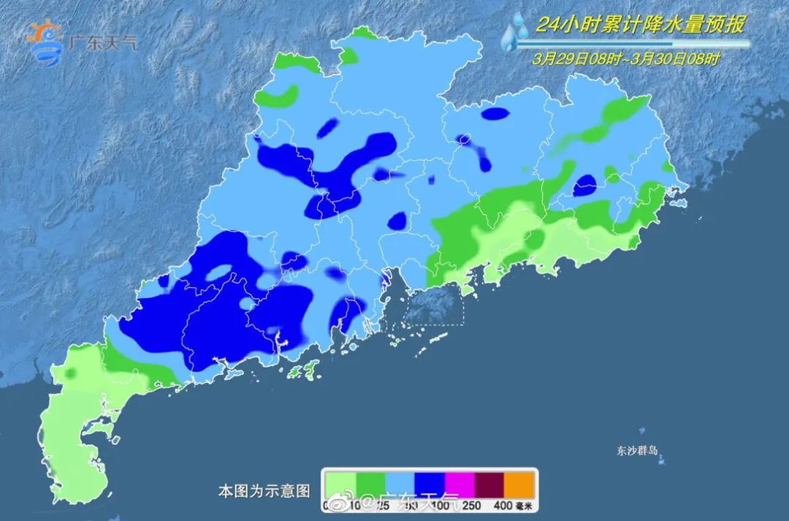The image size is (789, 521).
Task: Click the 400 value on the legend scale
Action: point(503,504)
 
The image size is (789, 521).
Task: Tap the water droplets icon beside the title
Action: point(515,33)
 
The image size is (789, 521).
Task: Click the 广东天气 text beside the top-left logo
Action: point(102,41)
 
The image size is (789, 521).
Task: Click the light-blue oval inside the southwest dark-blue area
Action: point(218,273)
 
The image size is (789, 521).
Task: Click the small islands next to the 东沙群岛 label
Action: point(661,460)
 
